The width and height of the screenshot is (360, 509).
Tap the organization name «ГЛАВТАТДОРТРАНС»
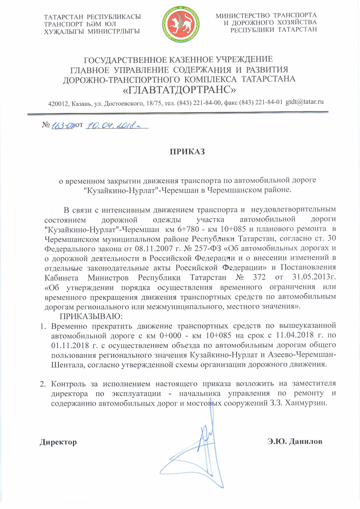[180, 90]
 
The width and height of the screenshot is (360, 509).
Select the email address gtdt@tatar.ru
[305, 102]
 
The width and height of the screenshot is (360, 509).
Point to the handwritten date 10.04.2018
[111, 126]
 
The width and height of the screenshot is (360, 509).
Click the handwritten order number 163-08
[63, 126]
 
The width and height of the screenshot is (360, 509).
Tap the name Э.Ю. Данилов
[295, 442]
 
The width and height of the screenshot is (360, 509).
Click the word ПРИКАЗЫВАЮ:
[91, 316]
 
